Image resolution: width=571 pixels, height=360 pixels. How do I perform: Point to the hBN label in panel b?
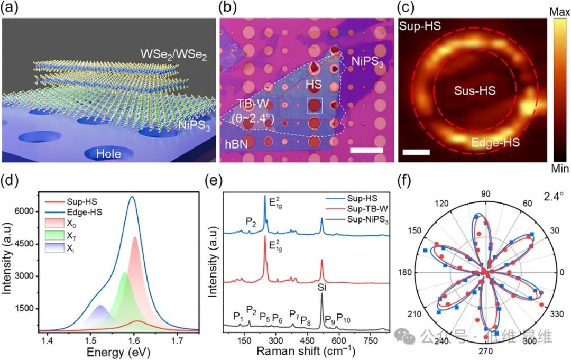(235, 143)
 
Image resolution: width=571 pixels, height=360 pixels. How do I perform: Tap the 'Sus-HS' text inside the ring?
(475, 91)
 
